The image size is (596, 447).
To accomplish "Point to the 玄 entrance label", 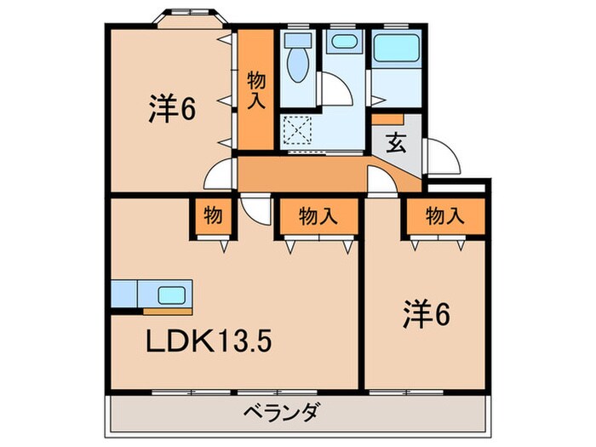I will pos(397,143).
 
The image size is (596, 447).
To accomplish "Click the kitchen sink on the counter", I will pos(173,295).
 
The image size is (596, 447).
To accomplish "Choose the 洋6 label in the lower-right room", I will pos(427,316).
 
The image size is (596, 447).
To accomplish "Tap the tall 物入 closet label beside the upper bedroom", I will pos(255,89).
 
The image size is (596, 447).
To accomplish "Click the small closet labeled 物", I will pos(212,216).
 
